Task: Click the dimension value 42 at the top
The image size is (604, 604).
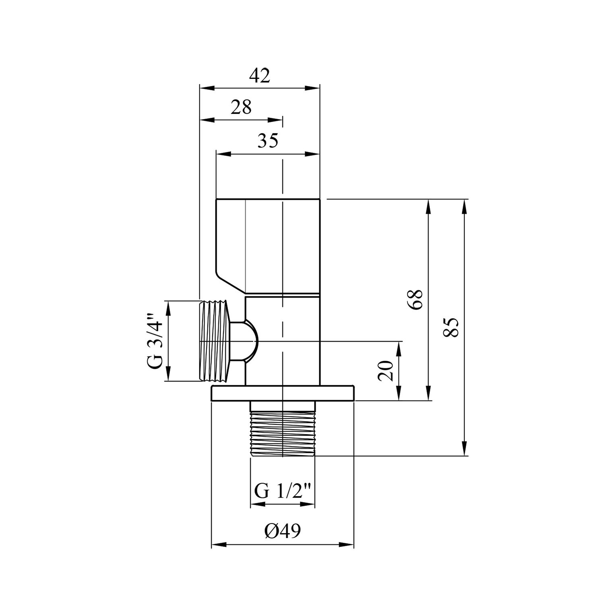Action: pyautogui.click(x=259, y=76)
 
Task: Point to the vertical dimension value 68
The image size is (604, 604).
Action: pyautogui.click(x=415, y=299)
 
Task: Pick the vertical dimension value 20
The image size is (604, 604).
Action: pyautogui.click(x=386, y=370)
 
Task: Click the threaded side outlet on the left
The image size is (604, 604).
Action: pyautogui.click(x=215, y=341)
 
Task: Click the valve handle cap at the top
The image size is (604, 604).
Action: pyautogui.click(x=268, y=246)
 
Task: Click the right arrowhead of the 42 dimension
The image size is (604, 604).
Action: pyautogui.click(x=312, y=88)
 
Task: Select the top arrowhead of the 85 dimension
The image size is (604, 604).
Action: pyautogui.click(x=465, y=207)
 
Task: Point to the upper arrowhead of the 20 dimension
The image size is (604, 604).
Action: pyautogui.click(x=399, y=348)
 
